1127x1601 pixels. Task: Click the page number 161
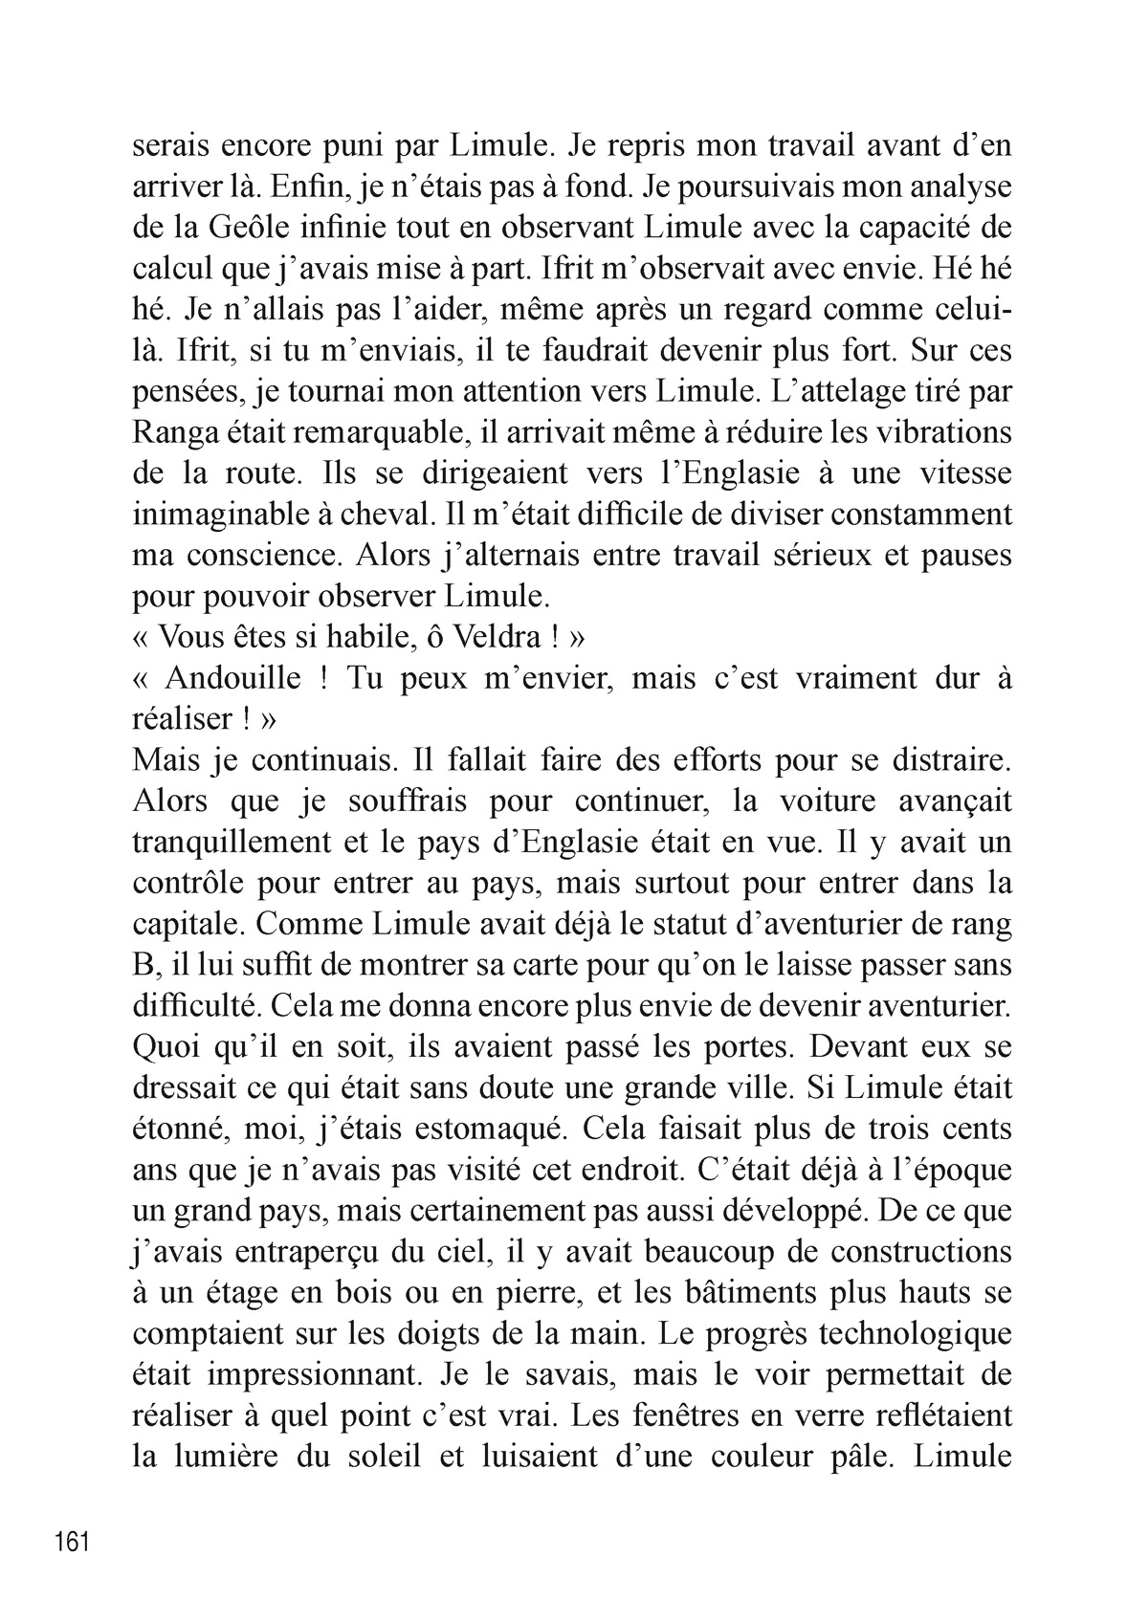[73, 1543]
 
